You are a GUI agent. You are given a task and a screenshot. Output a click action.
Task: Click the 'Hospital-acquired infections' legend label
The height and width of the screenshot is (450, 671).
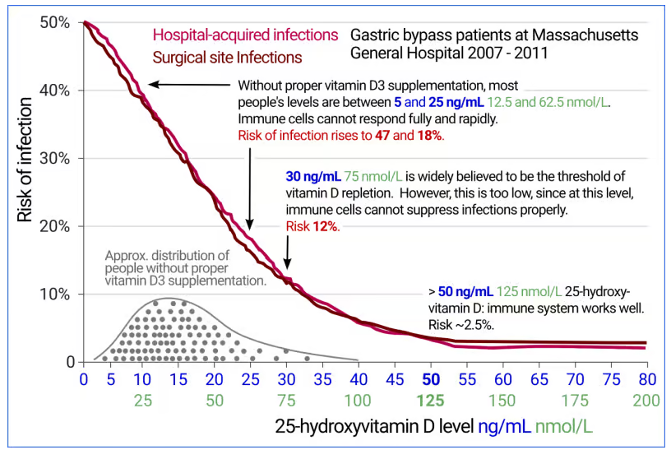[x=245, y=35]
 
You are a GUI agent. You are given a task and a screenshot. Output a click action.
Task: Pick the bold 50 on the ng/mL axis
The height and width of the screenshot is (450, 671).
[x=430, y=380]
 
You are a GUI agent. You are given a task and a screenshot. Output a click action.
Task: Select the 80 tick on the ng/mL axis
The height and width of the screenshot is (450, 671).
[x=646, y=380]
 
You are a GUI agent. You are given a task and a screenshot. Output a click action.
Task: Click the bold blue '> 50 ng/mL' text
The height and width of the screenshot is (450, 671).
[x=460, y=292]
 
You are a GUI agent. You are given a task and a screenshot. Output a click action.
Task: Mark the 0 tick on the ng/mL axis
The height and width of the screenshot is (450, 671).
[x=83, y=380]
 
